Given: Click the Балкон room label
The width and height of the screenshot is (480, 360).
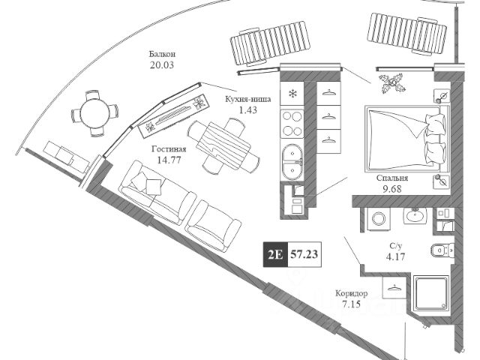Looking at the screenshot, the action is click(162, 55).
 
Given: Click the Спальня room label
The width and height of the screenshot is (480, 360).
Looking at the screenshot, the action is click(392, 178).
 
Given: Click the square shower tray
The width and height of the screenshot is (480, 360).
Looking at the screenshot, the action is click(432, 295).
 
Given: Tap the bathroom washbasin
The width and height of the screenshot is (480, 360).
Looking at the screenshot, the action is click(413, 217).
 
